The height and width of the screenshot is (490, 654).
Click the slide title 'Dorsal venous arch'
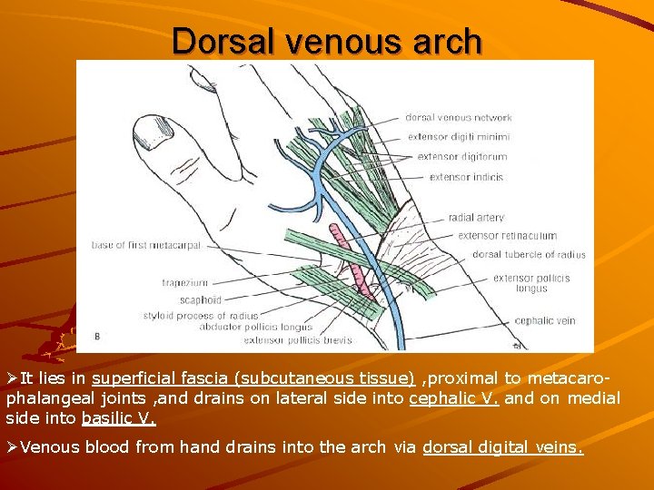tap(327, 41)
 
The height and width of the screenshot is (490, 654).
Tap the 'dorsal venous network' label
tap(458, 117)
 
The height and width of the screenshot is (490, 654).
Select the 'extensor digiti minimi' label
tap(459, 137)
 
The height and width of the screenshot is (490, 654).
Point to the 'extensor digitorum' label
tap(461, 157)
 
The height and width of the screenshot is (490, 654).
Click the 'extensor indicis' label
tap(466, 177)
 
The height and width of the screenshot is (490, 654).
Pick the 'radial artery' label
tap(476, 218)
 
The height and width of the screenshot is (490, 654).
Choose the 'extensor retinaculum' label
tap(507, 236)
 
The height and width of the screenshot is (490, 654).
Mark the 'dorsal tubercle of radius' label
tap(529, 255)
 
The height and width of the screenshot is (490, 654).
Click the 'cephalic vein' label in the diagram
tap(545, 320)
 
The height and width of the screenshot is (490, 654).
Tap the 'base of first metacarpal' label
tap(148, 244)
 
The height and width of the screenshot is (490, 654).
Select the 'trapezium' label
tap(185, 283)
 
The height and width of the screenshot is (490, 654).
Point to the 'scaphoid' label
tap(200, 299)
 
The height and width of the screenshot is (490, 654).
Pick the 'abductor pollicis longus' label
tap(256, 327)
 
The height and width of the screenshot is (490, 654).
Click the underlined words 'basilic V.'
tap(119, 418)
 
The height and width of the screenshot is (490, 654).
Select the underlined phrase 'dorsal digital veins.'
tap(503, 446)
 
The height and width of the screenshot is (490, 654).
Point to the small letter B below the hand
tap(97, 338)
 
